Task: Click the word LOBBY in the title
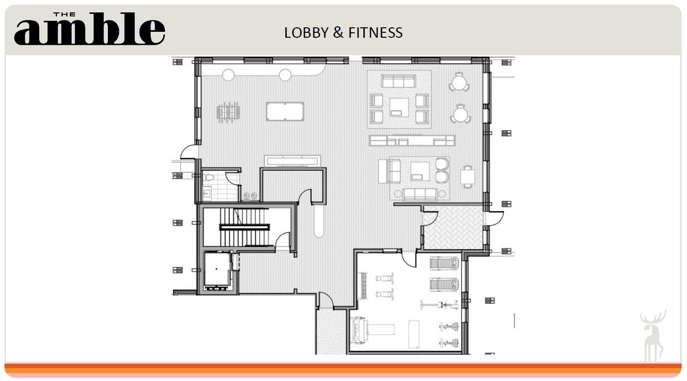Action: (x=306, y=33)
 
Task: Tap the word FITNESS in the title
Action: (x=375, y=33)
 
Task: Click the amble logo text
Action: (x=89, y=29)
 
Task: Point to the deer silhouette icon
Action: (x=653, y=336)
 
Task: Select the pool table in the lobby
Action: (x=285, y=112)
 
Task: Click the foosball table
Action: (x=228, y=112)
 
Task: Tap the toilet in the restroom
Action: (x=208, y=177)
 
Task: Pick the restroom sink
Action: (x=207, y=193)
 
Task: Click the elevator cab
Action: (x=217, y=269)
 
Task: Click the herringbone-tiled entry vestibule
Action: (x=453, y=227)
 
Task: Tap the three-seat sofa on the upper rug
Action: (x=398, y=81)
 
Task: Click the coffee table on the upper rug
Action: (x=399, y=107)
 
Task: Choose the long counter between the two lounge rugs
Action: (x=412, y=141)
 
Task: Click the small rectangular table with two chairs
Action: (x=467, y=177)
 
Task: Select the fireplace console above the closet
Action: (x=293, y=161)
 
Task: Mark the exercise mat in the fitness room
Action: (x=414, y=334)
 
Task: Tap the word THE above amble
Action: (x=65, y=14)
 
